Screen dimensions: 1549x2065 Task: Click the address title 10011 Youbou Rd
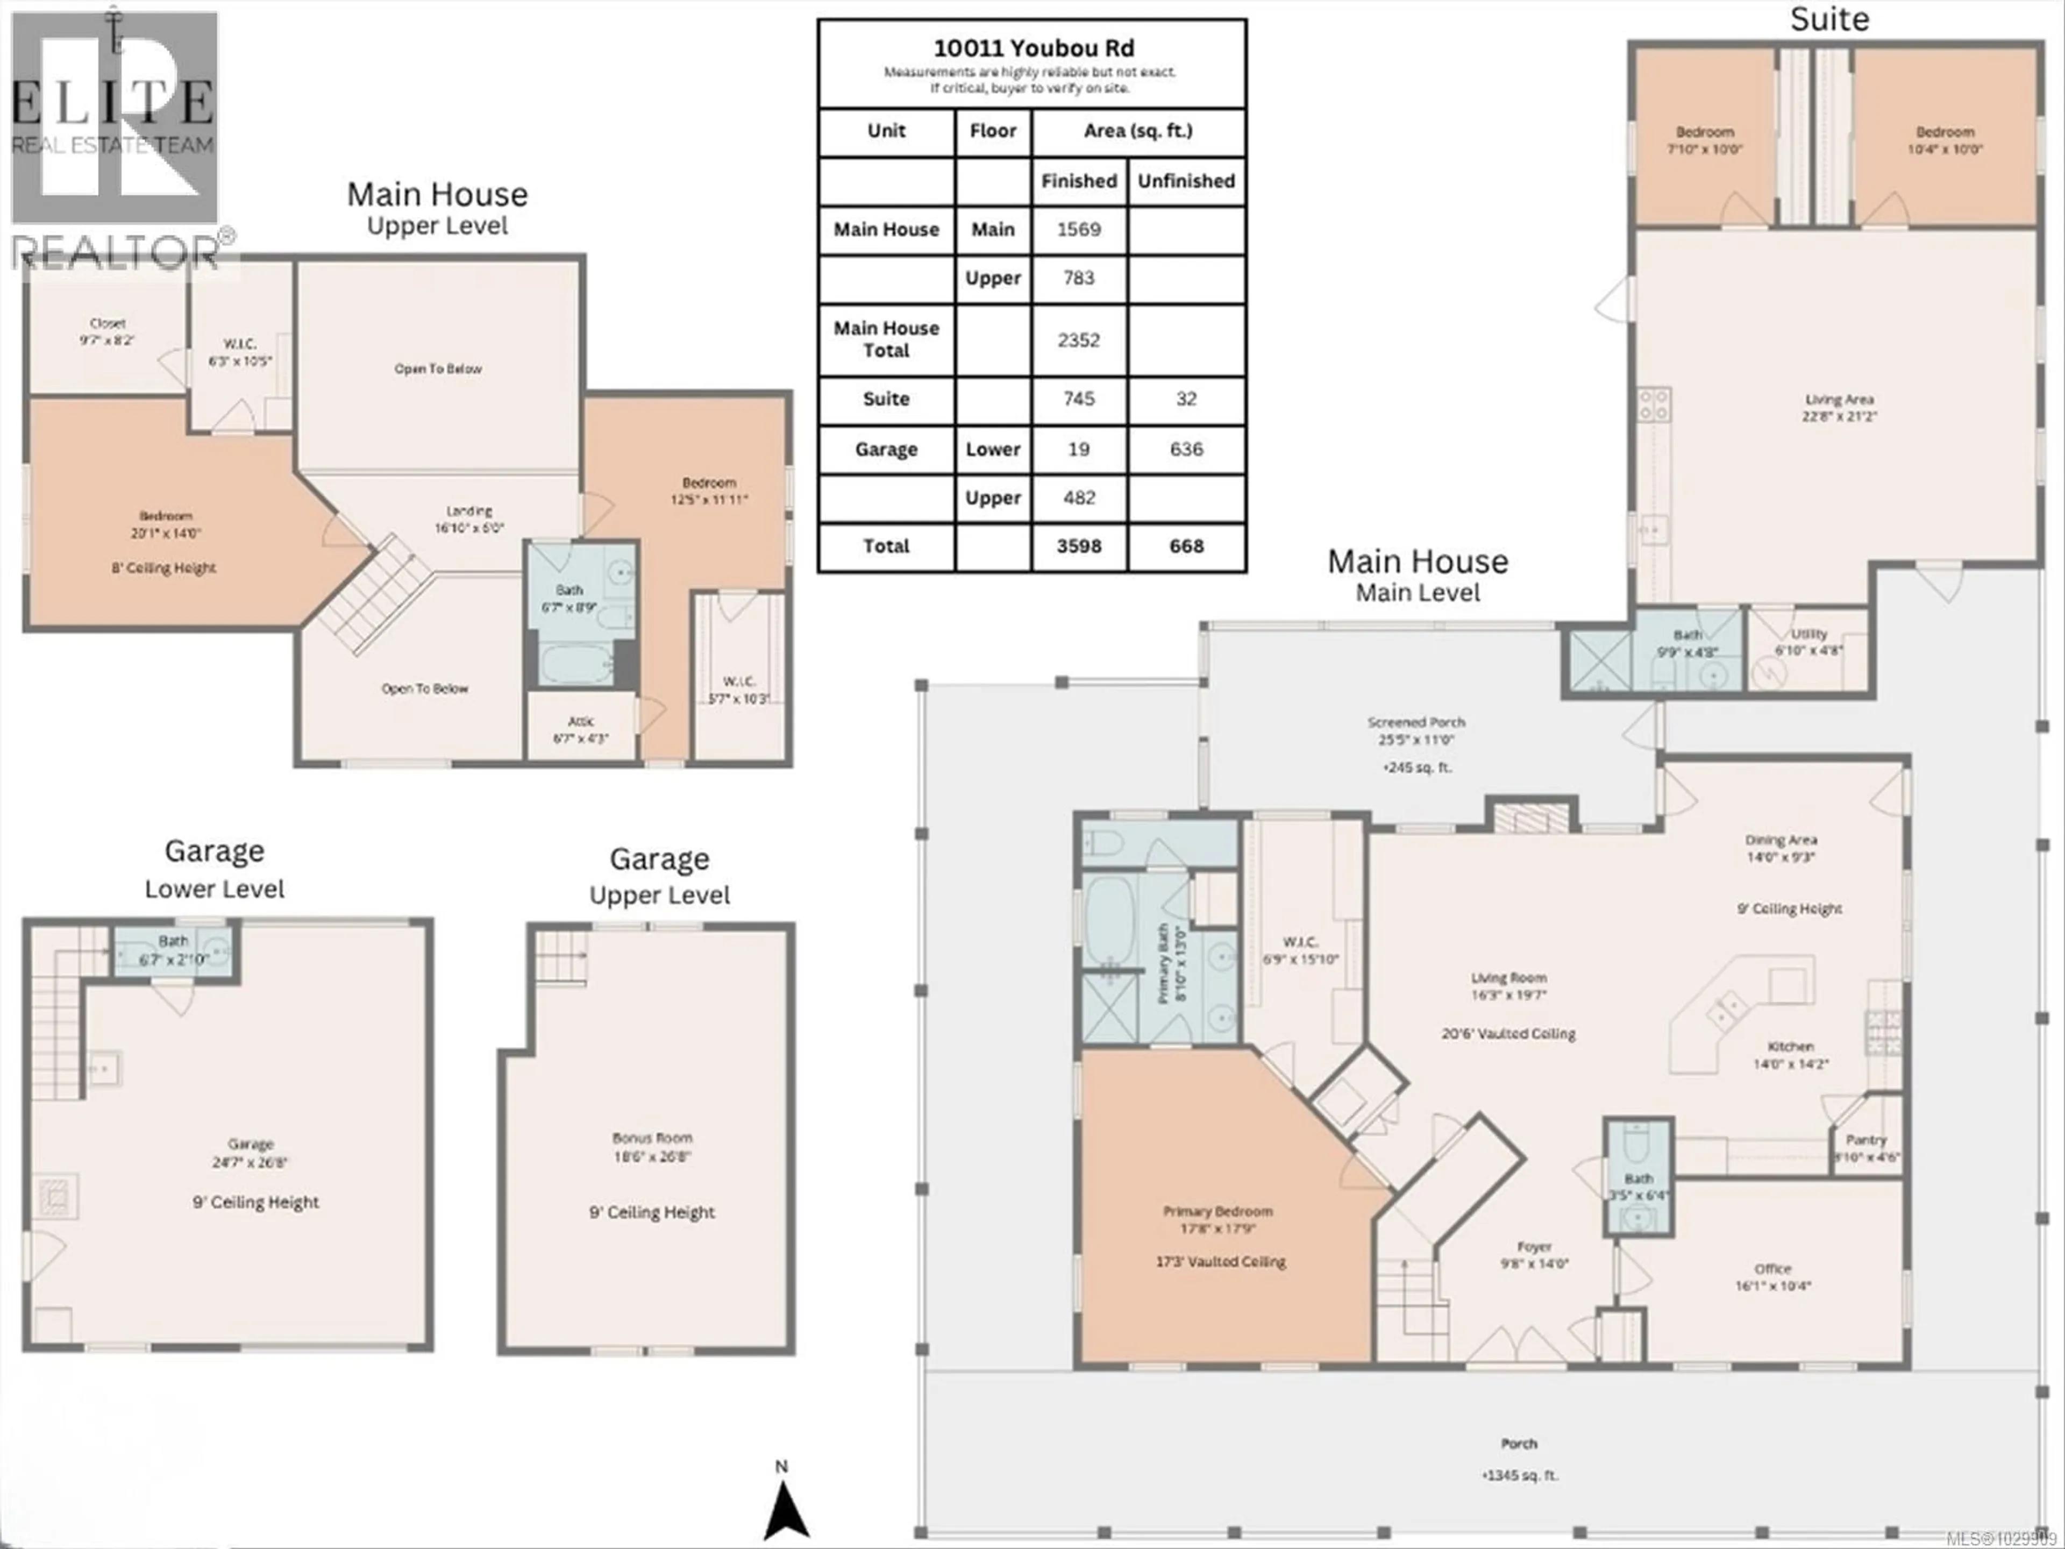pos(1034,48)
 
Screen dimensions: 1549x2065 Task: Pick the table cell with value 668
pos(1186,546)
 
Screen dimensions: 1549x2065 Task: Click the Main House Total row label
pos(886,339)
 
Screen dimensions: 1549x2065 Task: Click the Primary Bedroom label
pos(1217,1212)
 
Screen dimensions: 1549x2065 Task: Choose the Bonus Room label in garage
pos(652,1138)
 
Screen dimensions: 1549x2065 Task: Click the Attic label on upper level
pos(581,722)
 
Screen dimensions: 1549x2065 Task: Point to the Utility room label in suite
pos(1808,634)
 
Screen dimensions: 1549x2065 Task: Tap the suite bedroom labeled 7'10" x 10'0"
pos(1705,140)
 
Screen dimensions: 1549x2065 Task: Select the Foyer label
pos(1534,1247)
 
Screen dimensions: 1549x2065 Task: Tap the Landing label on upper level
pos(468,511)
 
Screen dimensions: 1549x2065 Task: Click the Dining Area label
pos(1781,840)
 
